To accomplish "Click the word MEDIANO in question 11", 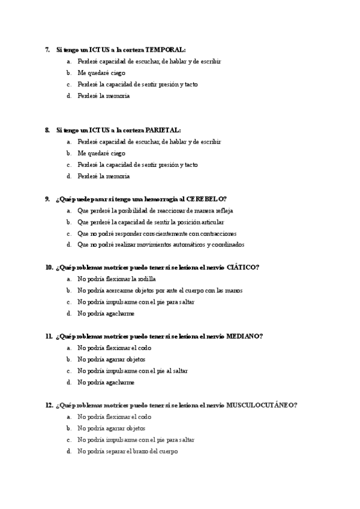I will (244, 337).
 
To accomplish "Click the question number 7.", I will (47, 50).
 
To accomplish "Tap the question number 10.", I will (49, 268).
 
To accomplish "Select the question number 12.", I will (49, 405).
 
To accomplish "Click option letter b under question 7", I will (69, 73).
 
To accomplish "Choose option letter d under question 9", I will (69, 245).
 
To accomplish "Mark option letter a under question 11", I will (69, 348).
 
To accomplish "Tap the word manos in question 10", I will (233, 291).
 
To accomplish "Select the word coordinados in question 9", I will (228, 245).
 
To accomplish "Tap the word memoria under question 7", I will (118, 96).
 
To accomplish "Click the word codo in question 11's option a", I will (143, 348).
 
